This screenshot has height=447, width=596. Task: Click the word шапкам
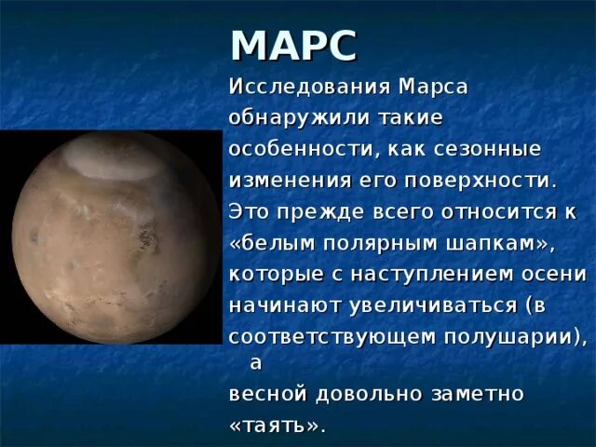tap(492, 242)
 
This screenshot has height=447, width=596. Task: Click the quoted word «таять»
tap(278, 425)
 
